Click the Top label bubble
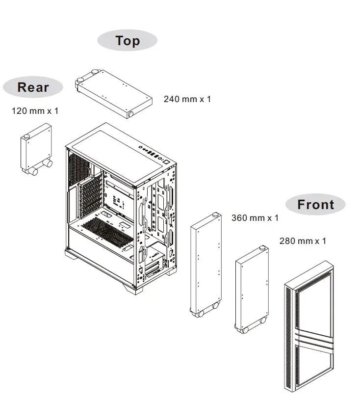tap(128, 41)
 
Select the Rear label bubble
tap(33, 87)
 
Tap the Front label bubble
tap(315, 204)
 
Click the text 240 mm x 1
tap(187, 99)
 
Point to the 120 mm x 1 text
tap(35, 111)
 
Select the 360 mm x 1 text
tap(255, 217)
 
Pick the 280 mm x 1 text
tap(302, 241)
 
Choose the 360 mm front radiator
tap(206, 265)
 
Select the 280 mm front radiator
tap(251, 290)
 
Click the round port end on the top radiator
tap(131, 114)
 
